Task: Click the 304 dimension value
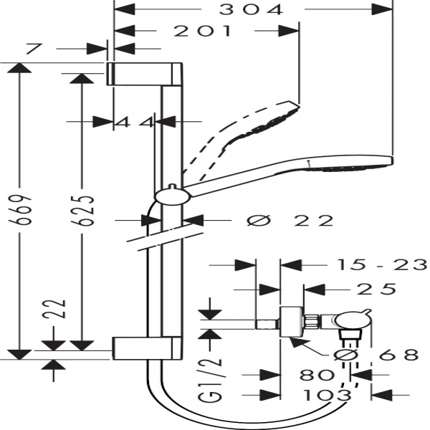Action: (x=251, y=9)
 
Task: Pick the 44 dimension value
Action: (x=135, y=123)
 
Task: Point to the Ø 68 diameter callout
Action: (x=376, y=355)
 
